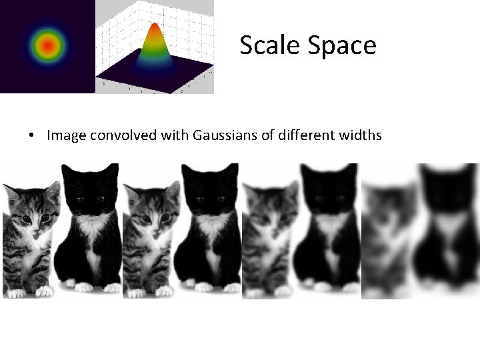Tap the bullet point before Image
pos(32,136)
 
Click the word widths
pos(360,136)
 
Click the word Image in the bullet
pos(66,136)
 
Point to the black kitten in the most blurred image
pos(447,227)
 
